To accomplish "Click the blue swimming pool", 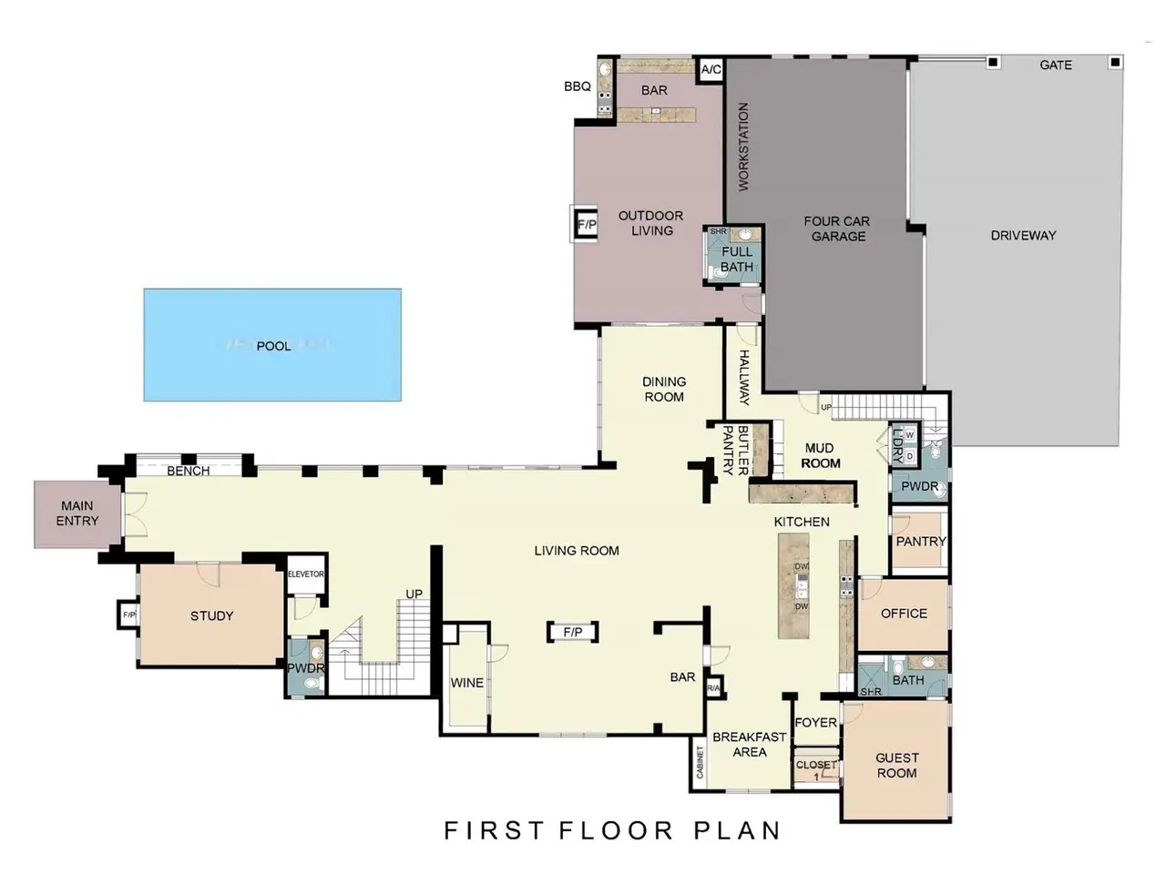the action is tap(272, 344).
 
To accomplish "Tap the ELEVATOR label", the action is tap(305, 574).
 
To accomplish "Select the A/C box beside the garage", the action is tap(711, 69).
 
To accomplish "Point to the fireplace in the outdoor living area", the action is tap(586, 224).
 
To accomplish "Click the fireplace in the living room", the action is tap(573, 632).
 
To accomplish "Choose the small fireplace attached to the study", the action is tap(128, 615).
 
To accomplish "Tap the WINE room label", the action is tap(467, 683).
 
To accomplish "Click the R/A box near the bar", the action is tap(713, 688).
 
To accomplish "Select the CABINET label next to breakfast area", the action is tap(700, 762).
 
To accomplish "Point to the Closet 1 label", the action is tap(816, 769).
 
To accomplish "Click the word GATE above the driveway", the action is tap(1056, 65).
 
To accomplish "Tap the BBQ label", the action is tap(578, 86).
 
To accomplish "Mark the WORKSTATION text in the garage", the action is tap(742, 147).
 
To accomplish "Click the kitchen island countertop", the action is tap(793, 585).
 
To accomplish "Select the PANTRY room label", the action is tap(921, 542).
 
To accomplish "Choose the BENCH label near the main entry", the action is tap(188, 471).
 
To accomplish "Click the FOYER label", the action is tap(815, 722).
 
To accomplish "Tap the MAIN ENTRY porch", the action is tap(77, 513).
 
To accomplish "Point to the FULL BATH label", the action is tap(737, 259).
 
